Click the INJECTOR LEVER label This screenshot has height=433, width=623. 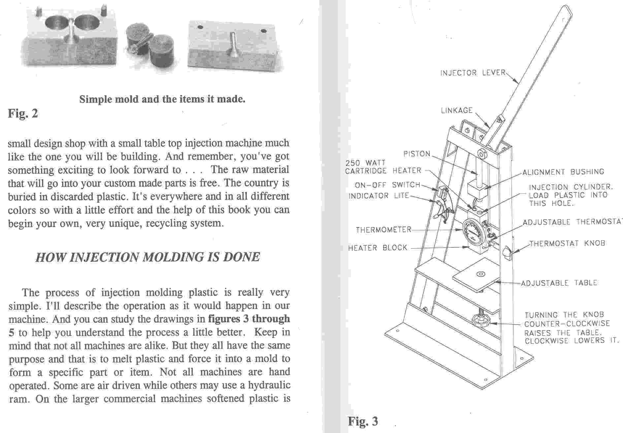[x=473, y=73]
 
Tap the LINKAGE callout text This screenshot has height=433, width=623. [x=457, y=110]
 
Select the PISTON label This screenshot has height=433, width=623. [x=417, y=154]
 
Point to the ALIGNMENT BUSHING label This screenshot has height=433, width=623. [x=563, y=172]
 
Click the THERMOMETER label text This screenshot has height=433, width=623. [x=383, y=230]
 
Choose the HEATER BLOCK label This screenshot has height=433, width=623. [x=378, y=248]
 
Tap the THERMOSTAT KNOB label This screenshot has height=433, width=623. [x=567, y=243]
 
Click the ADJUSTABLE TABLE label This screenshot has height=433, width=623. [x=559, y=283]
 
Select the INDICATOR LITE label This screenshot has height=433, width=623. [x=378, y=196]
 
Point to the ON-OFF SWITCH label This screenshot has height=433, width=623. [x=387, y=185]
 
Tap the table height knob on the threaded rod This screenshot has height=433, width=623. [x=481, y=321]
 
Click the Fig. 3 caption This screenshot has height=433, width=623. [x=363, y=421]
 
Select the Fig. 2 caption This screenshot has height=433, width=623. [x=23, y=113]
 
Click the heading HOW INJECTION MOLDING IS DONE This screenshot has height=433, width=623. [x=148, y=257]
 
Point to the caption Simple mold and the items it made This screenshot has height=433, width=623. [x=162, y=99]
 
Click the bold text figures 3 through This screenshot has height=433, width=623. [x=248, y=319]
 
